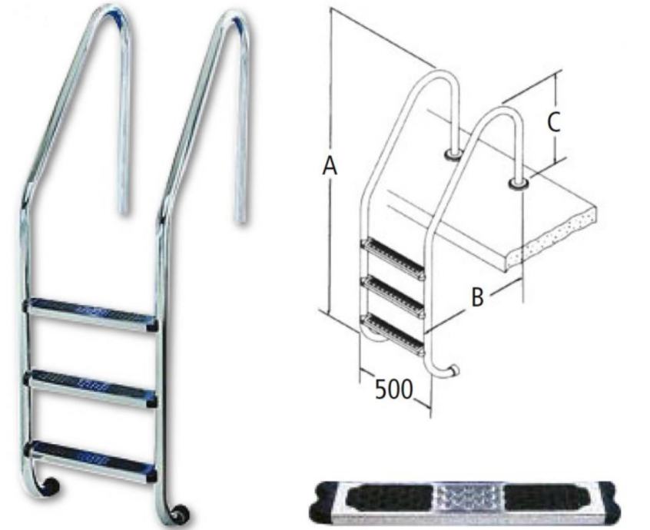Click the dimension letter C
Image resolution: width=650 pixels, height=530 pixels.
(x=553, y=122)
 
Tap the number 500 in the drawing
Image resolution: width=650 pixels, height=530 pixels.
(x=394, y=389)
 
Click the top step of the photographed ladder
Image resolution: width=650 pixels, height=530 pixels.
(x=91, y=313)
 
